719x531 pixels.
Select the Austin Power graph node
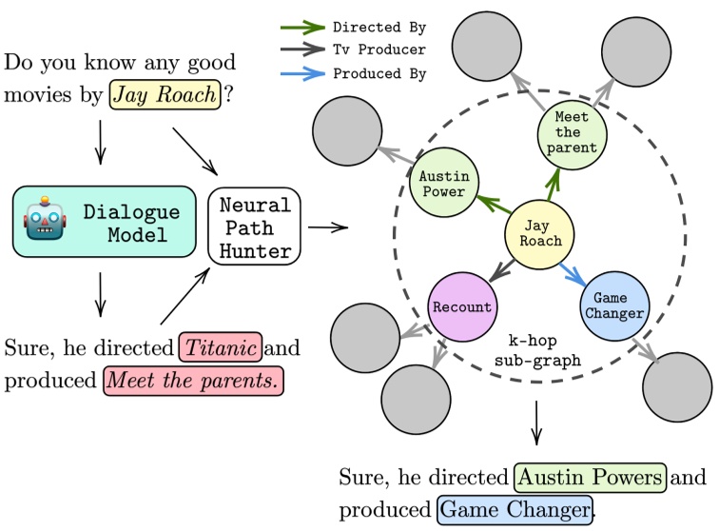[442, 185]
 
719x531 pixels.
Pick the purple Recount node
[461, 307]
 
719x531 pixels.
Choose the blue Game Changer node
[612, 305]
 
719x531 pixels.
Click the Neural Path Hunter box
[254, 227]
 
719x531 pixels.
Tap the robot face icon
[46, 222]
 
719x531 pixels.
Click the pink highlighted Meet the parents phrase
[194, 382]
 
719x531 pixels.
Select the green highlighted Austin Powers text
[590, 477]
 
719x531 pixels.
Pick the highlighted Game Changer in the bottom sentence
[515, 509]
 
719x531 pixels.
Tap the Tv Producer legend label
[379, 49]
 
